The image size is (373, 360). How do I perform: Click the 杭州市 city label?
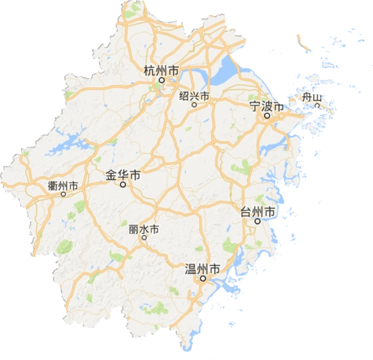160,71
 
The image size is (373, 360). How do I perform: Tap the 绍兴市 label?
194,96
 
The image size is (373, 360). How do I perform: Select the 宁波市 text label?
266,107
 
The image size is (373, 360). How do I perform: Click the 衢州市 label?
62,184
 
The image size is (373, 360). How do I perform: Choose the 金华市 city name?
124,176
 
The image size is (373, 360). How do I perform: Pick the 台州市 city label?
257,211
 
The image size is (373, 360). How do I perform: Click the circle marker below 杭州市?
160,81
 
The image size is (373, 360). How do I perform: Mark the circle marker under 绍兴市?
194,105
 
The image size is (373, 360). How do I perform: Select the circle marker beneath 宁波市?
266,117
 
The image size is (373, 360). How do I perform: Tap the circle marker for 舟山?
317,106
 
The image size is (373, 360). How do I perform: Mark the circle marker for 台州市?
257,221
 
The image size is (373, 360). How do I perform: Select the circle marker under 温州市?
202,279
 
